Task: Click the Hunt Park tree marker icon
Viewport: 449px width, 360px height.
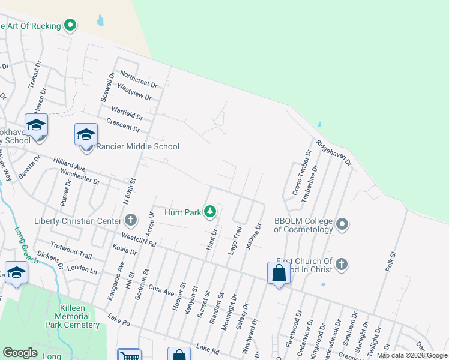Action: pos(210,211)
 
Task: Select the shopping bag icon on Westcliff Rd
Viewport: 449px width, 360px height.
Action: pos(279,273)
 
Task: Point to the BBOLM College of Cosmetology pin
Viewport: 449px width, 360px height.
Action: pos(342,225)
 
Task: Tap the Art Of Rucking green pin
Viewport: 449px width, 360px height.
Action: pos(71,26)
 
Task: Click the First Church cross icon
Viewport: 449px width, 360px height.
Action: pos(341,264)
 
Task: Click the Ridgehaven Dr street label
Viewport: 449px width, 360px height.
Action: pos(333,154)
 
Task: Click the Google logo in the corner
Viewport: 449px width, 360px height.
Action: pos(20,353)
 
